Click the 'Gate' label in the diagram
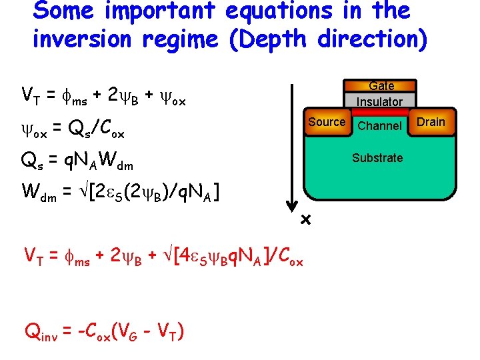pos(381,86)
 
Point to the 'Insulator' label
pos(379,102)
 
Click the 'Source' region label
pos(327,122)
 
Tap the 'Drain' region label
pos(431,122)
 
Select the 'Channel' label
pos(379,126)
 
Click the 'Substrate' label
pos(377,158)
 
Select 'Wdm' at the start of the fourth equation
pos(38,192)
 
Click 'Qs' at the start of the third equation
pos(32,160)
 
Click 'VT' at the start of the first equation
pos(30,93)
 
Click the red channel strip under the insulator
pos(379,113)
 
